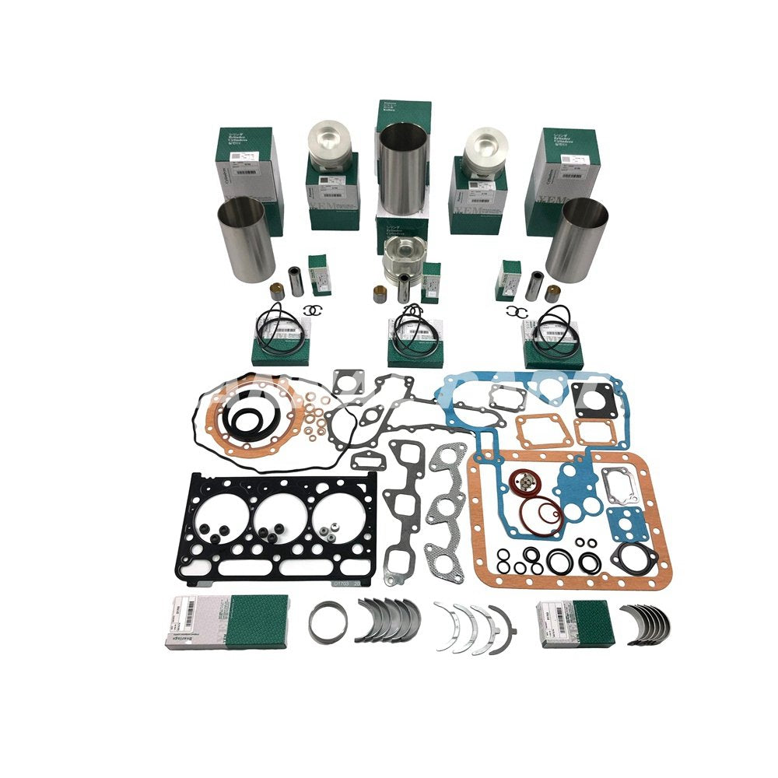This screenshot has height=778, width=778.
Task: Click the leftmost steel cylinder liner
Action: [246, 238]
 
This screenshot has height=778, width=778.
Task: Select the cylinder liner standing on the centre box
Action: [403, 167]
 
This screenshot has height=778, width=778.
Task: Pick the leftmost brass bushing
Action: [275, 293]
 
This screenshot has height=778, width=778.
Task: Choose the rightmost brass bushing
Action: [552, 293]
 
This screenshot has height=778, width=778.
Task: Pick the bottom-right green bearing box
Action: [576, 622]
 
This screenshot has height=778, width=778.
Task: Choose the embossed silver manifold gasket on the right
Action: [446, 506]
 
